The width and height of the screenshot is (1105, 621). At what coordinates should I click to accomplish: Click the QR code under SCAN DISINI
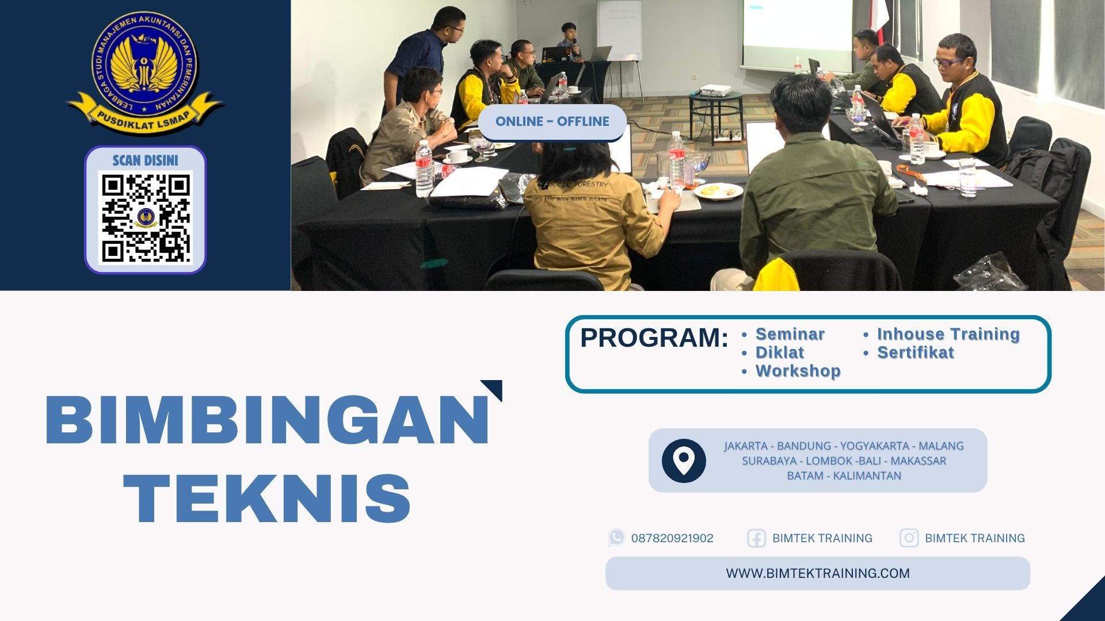point(146,218)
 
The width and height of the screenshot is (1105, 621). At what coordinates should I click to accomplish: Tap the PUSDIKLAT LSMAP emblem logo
point(145,72)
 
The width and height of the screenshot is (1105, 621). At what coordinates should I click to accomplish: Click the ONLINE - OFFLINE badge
point(552,121)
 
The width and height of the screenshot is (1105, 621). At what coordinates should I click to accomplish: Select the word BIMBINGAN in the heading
point(267,419)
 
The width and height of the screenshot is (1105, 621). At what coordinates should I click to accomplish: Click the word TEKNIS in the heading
point(267,498)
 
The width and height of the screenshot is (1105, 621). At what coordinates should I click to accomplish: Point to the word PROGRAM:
point(654,338)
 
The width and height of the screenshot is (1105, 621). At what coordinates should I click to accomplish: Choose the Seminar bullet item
point(790,334)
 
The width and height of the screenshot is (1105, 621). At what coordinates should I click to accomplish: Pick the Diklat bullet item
point(779,352)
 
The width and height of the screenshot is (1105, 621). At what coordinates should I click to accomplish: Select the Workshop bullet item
point(798,371)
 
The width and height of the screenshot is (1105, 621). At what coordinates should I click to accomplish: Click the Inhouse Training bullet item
point(948,334)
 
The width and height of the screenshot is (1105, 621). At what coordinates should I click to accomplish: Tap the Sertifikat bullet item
point(915,352)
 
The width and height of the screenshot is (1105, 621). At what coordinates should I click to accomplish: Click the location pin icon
point(684,461)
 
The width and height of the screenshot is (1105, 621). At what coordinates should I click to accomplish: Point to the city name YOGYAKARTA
point(874,446)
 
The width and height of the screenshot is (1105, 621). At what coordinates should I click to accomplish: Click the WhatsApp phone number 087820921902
point(672,538)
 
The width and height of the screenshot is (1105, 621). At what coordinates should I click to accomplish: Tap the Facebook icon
point(756,538)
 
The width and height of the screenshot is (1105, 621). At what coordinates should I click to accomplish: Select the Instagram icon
point(909,538)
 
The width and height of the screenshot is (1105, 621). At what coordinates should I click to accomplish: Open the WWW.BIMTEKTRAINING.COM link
point(818,573)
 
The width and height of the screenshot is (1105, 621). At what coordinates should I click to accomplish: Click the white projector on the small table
point(715,91)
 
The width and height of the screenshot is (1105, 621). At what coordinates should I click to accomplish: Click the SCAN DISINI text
point(145,160)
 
